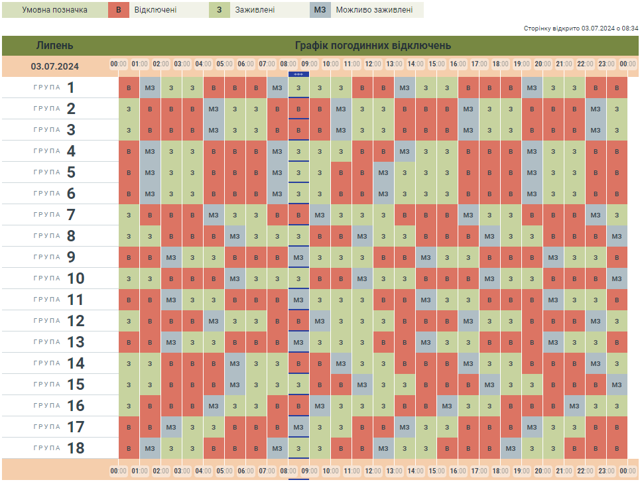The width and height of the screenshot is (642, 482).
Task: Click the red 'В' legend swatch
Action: (x=119, y=10)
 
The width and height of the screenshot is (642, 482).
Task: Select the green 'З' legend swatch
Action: (x=220, y=10)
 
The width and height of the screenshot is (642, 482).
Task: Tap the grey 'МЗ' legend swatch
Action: (x=320, y=10)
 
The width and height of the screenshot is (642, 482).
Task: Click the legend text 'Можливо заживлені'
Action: (x=374, y=10)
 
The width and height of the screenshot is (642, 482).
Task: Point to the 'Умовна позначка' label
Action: (x=54, y=10)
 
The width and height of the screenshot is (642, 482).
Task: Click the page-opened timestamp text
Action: (x=581, y=29)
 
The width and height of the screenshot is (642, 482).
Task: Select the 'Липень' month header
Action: (x=55, y=46)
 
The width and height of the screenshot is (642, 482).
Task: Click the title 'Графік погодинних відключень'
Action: (x=373, y=46)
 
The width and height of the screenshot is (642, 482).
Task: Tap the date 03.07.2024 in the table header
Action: (x=55, y=66)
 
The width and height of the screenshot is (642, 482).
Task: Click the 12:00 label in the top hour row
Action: (x=373, y=64)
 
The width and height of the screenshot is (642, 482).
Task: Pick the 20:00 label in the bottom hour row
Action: (x=543, y=471)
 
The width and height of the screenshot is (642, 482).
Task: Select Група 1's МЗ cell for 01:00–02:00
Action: (x=150, y=88)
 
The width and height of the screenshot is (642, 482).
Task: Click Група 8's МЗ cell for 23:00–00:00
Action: (x=617, y=236)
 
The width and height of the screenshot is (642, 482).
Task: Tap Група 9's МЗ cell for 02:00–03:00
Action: (x=171, y=257)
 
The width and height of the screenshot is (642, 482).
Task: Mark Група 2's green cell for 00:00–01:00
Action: (x=129, y=109)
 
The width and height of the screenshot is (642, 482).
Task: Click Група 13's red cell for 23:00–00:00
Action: (x=617, y=342)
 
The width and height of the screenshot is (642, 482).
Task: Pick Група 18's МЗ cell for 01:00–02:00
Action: (x=150, y=448)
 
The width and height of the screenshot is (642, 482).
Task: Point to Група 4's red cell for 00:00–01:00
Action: (x=129, y=151)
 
